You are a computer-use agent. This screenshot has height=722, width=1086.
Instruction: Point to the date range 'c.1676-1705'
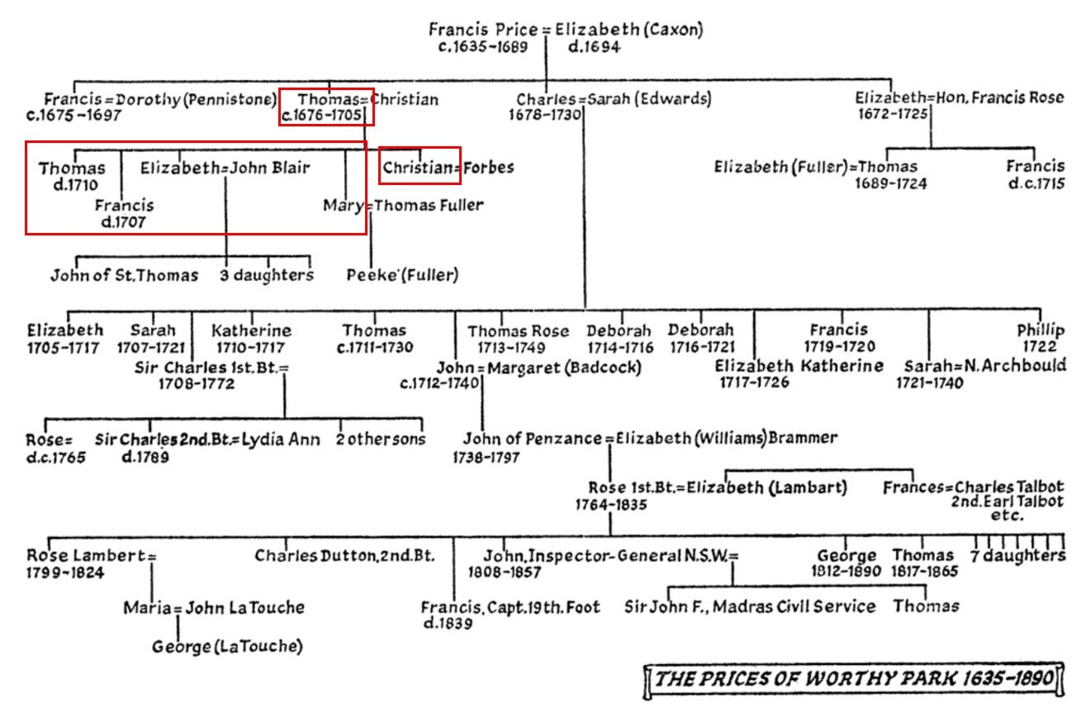322,116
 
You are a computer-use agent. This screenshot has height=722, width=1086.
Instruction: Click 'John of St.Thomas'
125,275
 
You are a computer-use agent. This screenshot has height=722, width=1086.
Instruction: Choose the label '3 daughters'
267,275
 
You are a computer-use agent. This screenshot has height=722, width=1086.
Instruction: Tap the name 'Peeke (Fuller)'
402,275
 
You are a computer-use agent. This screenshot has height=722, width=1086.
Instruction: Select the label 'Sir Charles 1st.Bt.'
207,366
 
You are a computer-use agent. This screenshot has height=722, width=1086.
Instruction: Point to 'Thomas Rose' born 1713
519,330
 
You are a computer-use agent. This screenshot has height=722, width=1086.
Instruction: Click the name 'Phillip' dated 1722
1041,330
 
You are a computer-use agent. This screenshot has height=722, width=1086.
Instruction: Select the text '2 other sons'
381,439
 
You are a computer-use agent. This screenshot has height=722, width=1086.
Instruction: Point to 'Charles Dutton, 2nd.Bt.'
355,555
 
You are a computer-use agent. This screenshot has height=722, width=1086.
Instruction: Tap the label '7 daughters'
1017,555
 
